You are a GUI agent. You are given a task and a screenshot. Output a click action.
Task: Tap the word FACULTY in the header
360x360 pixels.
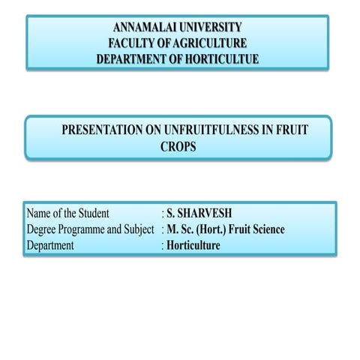click(x=134, y=43)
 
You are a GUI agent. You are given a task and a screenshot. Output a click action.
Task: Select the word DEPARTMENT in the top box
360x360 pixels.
click(x=134, y=58)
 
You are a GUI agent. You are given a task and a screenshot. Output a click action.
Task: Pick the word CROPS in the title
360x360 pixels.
click(x=178, y=147)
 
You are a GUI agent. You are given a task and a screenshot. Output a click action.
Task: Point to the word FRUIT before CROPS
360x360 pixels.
click(x=291, y=130)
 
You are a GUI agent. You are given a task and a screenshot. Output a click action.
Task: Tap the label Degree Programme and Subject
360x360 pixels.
click(x=89, y=229)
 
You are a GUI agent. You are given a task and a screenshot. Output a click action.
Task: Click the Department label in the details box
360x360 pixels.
click(x=50, y=244)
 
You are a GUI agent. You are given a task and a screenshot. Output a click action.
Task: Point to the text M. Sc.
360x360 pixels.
click(x=180, y=229)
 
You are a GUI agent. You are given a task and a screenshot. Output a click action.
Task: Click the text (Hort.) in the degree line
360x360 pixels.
click(x=212, y=229)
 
